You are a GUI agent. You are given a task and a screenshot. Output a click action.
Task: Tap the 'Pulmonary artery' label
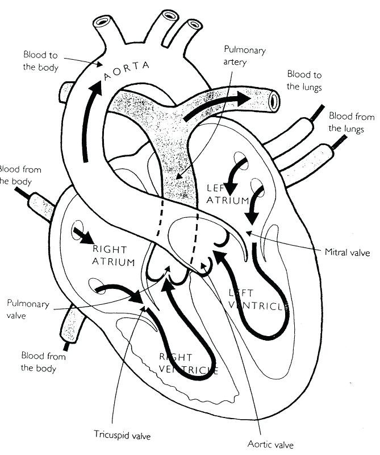245,56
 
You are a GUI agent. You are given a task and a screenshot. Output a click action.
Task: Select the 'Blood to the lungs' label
304,81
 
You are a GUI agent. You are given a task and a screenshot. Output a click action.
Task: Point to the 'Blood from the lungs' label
352,122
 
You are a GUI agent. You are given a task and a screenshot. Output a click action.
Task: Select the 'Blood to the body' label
40,60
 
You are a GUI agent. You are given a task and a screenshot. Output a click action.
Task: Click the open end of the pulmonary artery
275,101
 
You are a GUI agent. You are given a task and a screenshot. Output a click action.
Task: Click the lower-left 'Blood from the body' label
43,362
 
